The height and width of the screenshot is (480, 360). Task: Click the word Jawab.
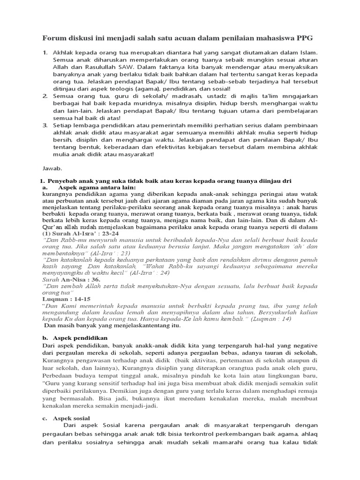tap(52, 167)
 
